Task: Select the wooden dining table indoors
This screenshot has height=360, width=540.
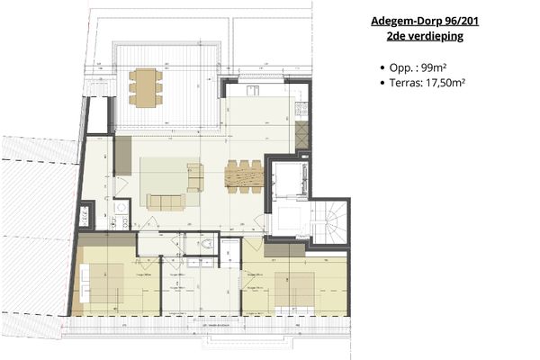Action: [243, 175]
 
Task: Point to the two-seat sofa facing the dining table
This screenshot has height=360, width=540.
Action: [194, 176]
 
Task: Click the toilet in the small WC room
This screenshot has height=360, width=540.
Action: [208, 245]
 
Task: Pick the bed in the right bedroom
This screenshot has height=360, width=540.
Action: [293, 287]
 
